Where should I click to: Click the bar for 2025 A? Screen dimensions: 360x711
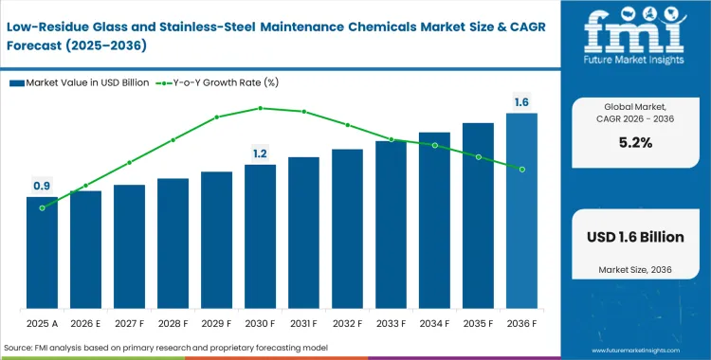[42, 253]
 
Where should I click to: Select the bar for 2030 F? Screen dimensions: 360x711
[260, 237]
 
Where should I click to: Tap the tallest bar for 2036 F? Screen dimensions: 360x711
[521, 211]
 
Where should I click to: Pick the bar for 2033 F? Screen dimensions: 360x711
[391, 225]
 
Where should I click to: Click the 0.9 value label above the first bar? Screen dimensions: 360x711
[42, 186]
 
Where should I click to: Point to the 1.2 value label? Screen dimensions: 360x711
[260, 153]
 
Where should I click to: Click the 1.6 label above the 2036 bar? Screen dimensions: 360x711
[521, 101]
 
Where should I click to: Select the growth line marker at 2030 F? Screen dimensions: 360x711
[260, 108]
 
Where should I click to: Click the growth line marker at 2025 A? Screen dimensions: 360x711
[42, 207]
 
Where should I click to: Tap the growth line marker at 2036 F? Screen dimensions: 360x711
[521, 169]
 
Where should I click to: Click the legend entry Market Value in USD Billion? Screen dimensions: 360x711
[80, 82]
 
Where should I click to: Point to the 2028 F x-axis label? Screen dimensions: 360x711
[173, 323]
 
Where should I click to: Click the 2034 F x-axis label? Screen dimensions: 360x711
[434, 323]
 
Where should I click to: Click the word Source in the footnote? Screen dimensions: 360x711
[21, 349]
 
